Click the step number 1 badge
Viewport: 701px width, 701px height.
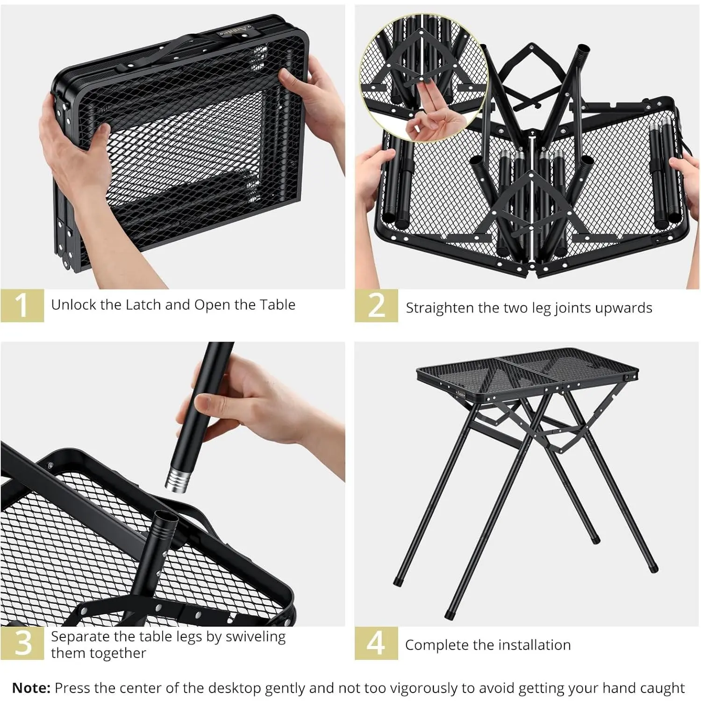coord(22,305)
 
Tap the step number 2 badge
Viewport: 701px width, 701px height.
coord(376,305)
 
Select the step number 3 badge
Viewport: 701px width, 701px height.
coord(22,643)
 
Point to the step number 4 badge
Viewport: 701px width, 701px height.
coord(376,643)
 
